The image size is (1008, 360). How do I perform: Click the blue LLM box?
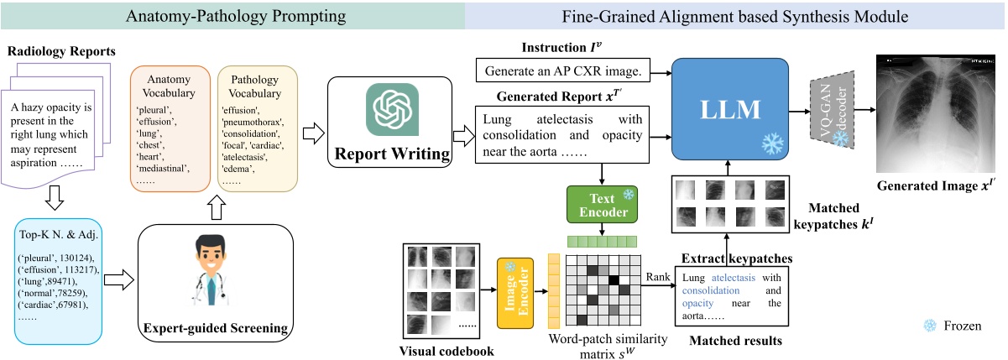730,110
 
